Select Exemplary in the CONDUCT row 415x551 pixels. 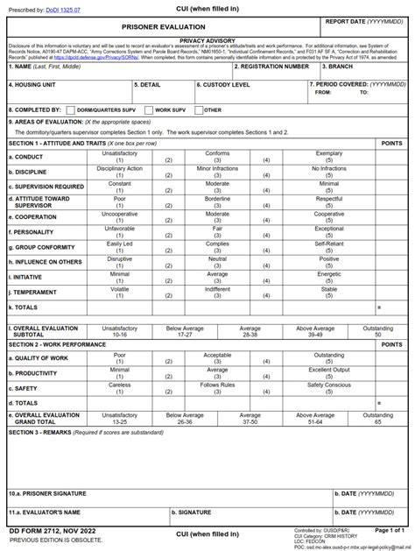pos(329,153)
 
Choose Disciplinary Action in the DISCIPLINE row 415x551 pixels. pos(119,168)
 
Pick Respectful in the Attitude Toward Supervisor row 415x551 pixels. pos(329,198)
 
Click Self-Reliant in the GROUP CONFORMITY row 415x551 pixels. pos(329,244)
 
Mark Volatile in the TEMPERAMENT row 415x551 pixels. pos(119,288)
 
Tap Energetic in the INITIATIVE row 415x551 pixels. pos(329,273)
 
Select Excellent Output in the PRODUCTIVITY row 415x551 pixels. pos(329,370)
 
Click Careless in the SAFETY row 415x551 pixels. pos(119,385)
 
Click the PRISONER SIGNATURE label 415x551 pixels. pos(47,493)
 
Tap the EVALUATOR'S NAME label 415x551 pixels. pos(46,512)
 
